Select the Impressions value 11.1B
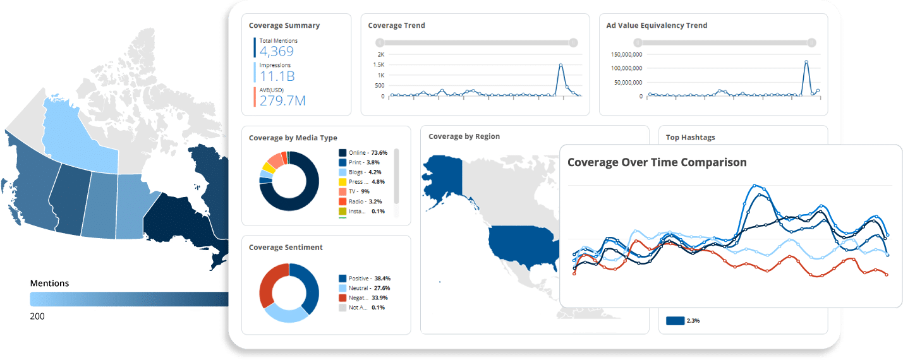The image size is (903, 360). (277, 76)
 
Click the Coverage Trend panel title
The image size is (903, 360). (396, 26)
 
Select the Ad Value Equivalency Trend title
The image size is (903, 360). (657, 26)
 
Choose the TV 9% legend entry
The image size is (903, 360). (358, 191)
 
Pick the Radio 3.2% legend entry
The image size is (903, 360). (362, 201)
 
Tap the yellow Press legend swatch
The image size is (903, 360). (342, 182)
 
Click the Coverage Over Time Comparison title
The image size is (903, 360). (657, 162)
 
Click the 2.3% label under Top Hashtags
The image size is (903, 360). (693, 321)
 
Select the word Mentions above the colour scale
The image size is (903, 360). (49, 284)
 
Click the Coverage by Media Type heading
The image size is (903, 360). (293, 138)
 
